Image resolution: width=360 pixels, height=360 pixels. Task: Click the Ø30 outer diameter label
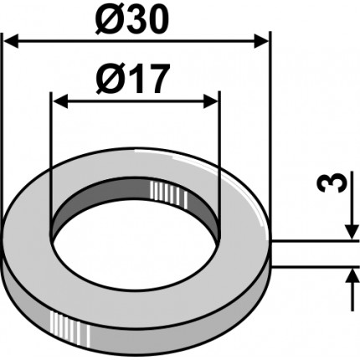tap(136, 18)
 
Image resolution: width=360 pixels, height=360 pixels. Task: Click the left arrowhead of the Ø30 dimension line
tap(12, 39)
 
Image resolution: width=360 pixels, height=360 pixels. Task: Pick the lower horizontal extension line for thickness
tap(314, 267)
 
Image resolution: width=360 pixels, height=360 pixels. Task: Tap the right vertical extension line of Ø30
tap(270, 126)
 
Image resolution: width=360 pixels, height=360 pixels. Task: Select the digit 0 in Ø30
tap(164, 18)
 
